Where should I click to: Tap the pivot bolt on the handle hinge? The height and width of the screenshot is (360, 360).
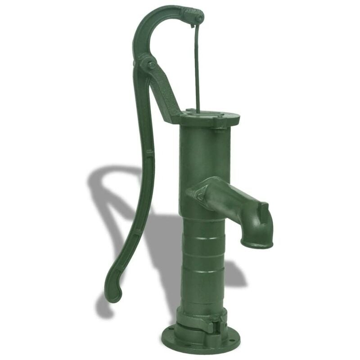(x=152, y=65)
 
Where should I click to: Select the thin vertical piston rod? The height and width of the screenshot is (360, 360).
(x=197, y=67)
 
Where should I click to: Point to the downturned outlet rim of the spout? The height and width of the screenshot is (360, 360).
(x=257, y=243)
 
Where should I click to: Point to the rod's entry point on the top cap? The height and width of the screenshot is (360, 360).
(x=197, y=111)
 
